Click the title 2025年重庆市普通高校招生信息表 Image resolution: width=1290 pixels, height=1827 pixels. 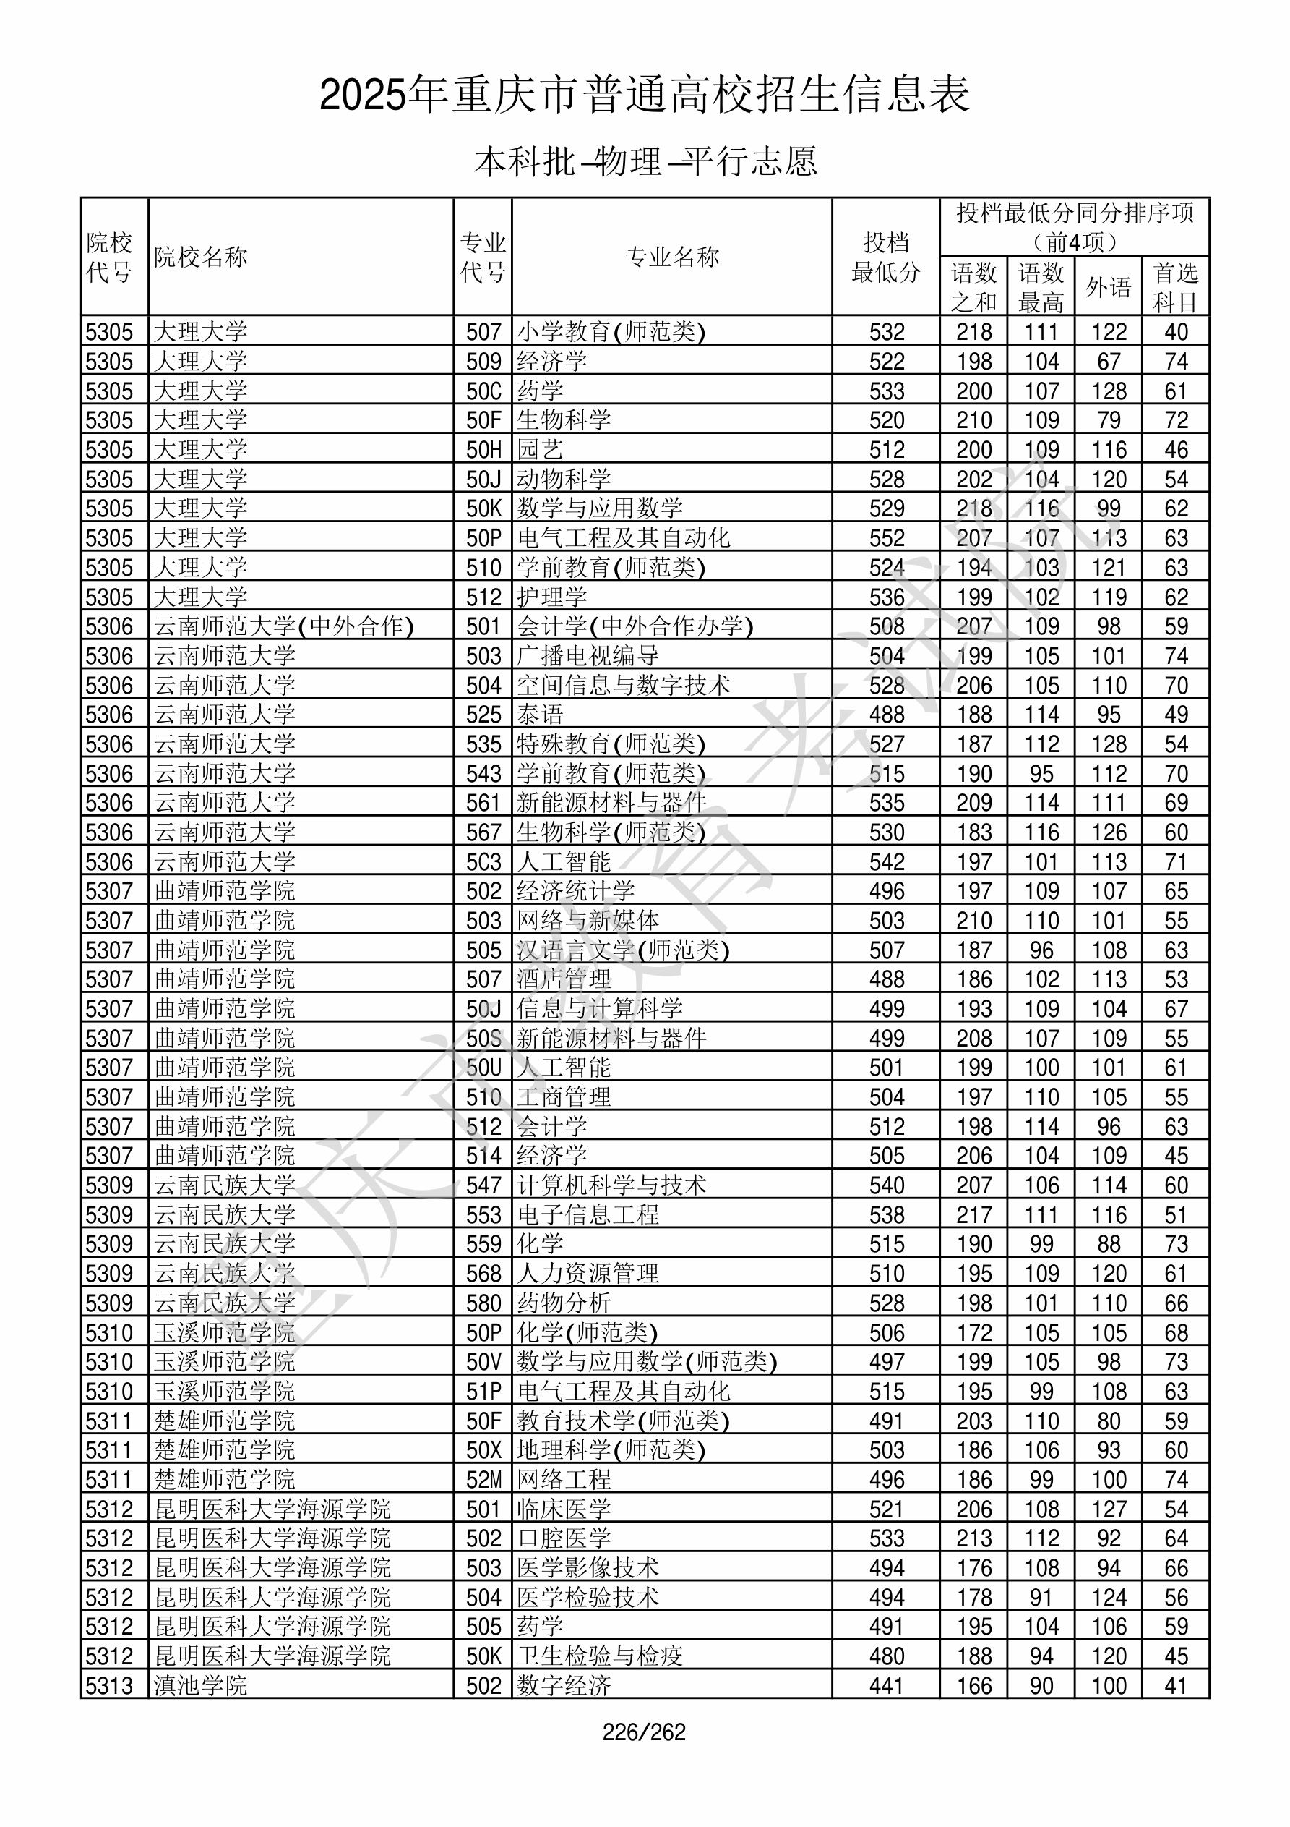(644, 95)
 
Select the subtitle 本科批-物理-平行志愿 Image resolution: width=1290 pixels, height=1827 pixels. (645, 161)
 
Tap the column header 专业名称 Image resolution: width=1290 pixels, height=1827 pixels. (672, 257)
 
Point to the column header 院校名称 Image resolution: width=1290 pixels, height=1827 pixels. (201, 257)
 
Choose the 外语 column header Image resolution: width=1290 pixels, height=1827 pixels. (1108, 287)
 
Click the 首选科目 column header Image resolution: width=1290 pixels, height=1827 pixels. (1176, 287)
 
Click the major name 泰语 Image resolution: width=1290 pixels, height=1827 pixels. (540, 715)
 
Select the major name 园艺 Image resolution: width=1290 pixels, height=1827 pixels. (540, 450)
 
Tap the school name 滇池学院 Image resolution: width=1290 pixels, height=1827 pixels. (201, 1685)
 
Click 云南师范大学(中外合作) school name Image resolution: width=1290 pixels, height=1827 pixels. (284, 626)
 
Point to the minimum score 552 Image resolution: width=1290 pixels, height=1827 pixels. (887, 538)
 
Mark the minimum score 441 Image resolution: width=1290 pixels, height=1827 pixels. (887, 1685)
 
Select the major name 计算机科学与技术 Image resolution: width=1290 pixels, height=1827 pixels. (611, 1185)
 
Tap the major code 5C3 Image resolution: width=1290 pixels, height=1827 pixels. (483, 861)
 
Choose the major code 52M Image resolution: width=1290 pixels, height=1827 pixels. (483, 1479)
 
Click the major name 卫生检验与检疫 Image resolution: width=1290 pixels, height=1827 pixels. (600, 1656)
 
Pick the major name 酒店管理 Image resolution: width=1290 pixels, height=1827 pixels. (564, 979)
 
